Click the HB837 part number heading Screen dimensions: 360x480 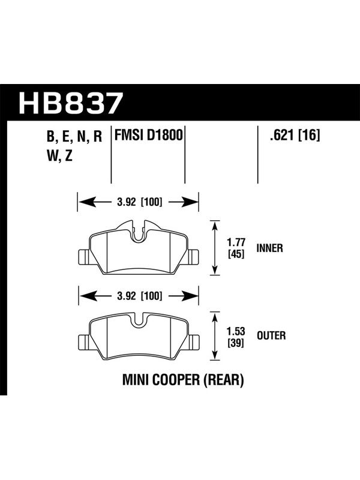coord(71,103)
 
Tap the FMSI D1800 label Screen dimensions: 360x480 coord(148,136)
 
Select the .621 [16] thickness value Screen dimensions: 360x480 coord(295,136)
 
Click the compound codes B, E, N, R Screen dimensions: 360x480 coord(74,137)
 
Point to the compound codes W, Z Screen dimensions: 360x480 coord(59,156)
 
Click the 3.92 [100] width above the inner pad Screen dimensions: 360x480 coord(139,202)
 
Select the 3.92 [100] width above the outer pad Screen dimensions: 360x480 coord(139,296)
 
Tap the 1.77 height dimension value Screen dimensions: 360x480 coord(236,242)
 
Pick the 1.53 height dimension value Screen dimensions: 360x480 coord(236,332)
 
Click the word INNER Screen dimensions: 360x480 coord(269,248)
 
